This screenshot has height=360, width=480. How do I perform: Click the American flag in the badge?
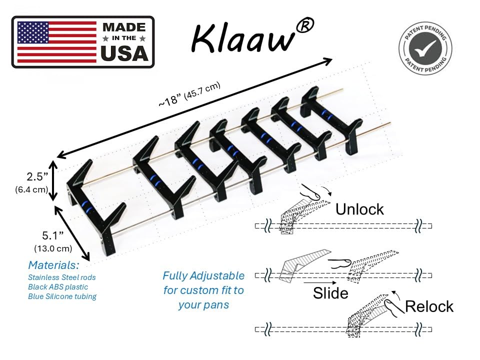pos(56,42)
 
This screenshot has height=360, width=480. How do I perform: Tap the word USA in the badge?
pos(124,53)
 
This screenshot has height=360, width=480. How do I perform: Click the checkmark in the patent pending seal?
pos(425,48)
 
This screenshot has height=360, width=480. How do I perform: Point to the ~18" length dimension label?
pos(189,94)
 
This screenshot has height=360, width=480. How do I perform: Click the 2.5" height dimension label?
pos(37,176)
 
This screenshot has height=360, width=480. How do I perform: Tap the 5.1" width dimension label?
pos(53,235)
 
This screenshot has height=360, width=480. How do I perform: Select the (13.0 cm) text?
pos(53,248)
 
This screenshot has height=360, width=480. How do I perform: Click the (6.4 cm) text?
pos(31,189)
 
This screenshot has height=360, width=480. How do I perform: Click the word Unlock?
pos(359,209)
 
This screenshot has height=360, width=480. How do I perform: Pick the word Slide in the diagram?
pos(330,293)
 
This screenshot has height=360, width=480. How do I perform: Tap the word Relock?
pos(429,306)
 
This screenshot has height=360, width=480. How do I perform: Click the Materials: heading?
pos(53,265)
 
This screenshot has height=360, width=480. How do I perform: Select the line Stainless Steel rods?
pos(62,277)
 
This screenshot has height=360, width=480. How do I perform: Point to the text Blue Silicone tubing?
pos(62,296)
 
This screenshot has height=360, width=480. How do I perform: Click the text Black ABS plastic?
pos(58,287)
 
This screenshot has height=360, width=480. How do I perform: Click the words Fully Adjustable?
pos(203,276)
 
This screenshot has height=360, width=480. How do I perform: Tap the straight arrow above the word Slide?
pos(319,282)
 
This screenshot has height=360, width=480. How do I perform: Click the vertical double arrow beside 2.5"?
pos(53,180)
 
